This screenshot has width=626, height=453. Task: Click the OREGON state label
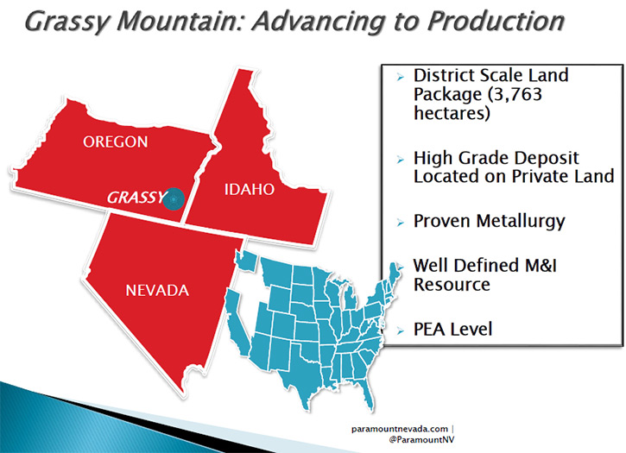pyautogui.click(x=116, y=142)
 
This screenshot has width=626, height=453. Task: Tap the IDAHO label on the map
pyautogui.click(x=250, y=189)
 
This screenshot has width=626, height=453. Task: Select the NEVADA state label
pyautogui.click(x=157, y=290)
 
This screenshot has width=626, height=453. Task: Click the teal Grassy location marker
pyautogui.click(x=174, y=198)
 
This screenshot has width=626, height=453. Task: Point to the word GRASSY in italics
pyautogui.click(x=135, y=198)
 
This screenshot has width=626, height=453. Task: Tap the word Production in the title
pyautogui.click(x=496, y=21)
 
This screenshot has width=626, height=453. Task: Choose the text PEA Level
pyautogui.click(x=452, y=330)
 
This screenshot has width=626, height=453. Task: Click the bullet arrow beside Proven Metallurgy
pyautogui.click(x=401, y=223)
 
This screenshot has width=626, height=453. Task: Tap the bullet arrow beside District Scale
pyautogui.click(x=401, y=77)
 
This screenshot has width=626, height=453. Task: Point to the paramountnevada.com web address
pyautogui.click(x=400, y=429)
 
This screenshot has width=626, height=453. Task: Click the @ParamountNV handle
pyautogui.click(x=421, y=439)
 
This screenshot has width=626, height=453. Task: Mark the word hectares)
pyautogui.click(x=452, y=113)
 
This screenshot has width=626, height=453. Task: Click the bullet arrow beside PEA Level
pyautogui.click(x=401, y=330)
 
